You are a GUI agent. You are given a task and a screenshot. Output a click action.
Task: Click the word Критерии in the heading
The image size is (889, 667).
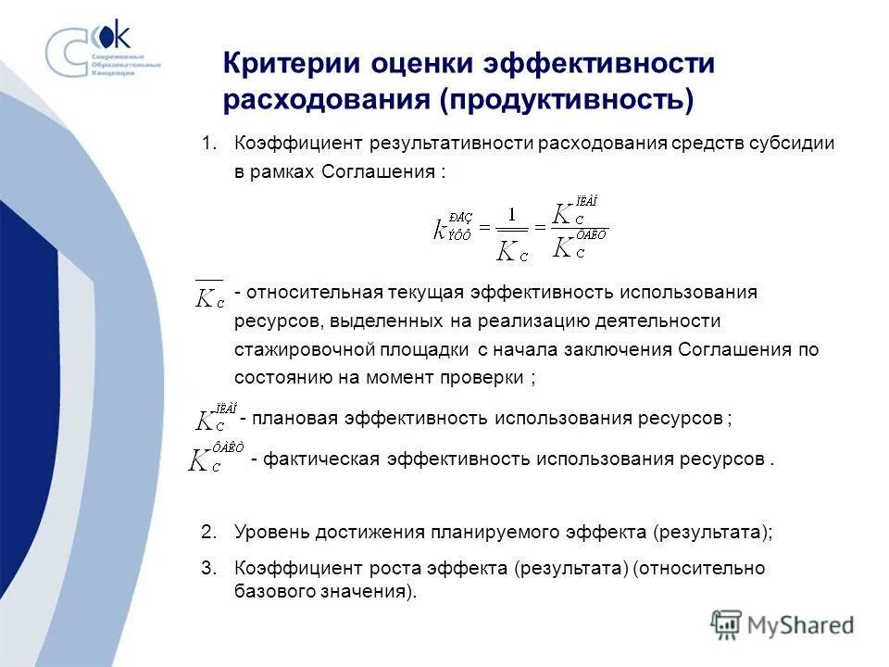pos(288,64)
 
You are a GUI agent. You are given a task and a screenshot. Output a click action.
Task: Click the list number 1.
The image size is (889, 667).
pos(208,144)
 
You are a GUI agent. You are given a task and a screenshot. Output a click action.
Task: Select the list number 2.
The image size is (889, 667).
pos(208,533)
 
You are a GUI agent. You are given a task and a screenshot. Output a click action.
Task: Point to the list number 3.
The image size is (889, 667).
pos(208,569)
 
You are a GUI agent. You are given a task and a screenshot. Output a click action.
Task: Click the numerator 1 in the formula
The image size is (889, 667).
pos(510,213)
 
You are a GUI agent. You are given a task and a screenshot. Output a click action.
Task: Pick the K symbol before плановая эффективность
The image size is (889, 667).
pos(207,420)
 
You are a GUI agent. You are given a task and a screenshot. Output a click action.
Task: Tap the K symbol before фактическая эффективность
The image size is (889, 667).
pos(204,459)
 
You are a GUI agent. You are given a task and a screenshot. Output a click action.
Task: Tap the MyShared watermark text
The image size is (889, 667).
pos(801,624)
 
